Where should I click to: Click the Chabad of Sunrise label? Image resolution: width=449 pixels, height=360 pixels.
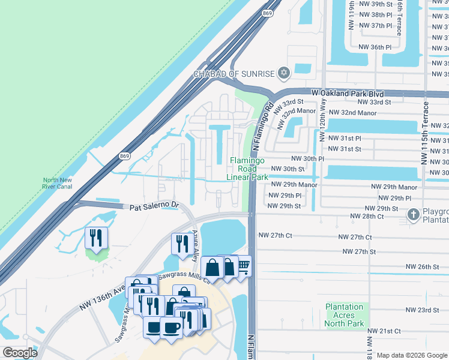click(234, 74)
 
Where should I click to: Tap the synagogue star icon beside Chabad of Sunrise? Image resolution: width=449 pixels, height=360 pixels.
click(284, 74)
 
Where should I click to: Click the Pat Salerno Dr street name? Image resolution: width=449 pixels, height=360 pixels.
click(155, 206)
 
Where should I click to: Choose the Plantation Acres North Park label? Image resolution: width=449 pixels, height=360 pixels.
click(345, 315)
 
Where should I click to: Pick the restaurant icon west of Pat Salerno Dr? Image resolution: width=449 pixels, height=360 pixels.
click(96, 238)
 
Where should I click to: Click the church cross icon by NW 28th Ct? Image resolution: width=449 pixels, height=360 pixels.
click(414, 215)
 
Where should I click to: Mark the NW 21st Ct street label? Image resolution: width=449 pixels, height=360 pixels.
click(384, 331)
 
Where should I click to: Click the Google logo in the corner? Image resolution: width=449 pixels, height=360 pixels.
click(20, 353)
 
